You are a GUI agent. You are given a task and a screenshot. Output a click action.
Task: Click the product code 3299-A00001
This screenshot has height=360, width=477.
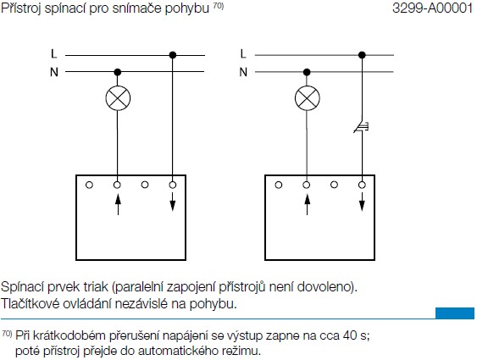(433, 8)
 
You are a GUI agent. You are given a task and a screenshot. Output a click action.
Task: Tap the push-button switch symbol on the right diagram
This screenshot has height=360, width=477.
(362, 127)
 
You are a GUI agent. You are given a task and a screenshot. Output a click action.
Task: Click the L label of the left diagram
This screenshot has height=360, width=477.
(54, 54)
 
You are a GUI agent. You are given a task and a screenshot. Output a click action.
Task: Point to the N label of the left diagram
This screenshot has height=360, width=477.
(54, 72)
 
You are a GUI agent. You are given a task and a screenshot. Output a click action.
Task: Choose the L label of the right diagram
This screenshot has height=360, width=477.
(243, 54)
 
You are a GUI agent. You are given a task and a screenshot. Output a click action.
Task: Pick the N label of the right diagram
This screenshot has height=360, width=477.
(243, 72)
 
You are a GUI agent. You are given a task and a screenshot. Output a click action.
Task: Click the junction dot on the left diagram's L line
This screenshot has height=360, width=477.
(173, 55)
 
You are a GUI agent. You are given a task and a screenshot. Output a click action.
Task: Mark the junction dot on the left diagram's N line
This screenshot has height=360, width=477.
(118, 72)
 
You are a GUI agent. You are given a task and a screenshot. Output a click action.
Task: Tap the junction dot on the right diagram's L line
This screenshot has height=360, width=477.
(362, 55)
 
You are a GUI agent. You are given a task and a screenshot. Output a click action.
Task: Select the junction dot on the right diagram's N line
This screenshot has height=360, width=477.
(307, 72)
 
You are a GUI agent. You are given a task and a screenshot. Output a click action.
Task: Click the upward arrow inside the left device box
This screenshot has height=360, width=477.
(118, 203)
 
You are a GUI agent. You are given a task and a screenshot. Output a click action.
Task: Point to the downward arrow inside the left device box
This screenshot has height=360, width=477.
(173, 202)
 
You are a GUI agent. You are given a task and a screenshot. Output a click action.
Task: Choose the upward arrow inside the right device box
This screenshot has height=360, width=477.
(308, 203)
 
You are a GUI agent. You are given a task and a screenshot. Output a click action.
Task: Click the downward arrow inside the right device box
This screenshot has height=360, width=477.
(362, 202)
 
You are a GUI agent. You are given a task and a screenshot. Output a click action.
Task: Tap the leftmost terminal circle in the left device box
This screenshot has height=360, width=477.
(89, 185)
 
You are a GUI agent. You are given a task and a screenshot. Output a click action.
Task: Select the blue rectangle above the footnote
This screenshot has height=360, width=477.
(455, 313)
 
